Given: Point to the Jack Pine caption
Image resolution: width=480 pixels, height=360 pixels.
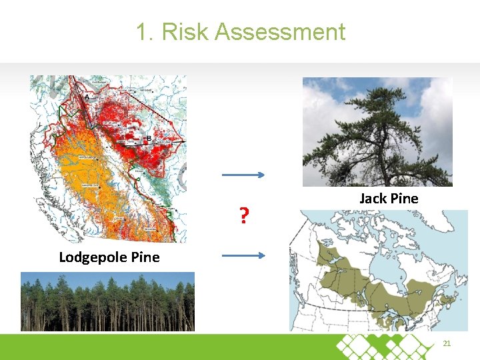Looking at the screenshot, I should click(x=389, y=198).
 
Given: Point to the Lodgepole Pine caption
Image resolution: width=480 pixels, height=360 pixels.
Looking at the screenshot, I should click(x=109, y=257).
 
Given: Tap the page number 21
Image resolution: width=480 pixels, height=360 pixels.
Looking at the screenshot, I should click(x=447, y=343).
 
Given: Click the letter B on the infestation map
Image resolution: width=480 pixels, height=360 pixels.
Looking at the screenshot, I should click(x=149, y=139).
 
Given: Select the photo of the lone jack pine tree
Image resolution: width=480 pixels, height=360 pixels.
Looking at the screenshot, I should click(x=377, y=131).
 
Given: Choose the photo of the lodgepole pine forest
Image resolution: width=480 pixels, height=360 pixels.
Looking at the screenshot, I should click(x=107, y=301).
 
